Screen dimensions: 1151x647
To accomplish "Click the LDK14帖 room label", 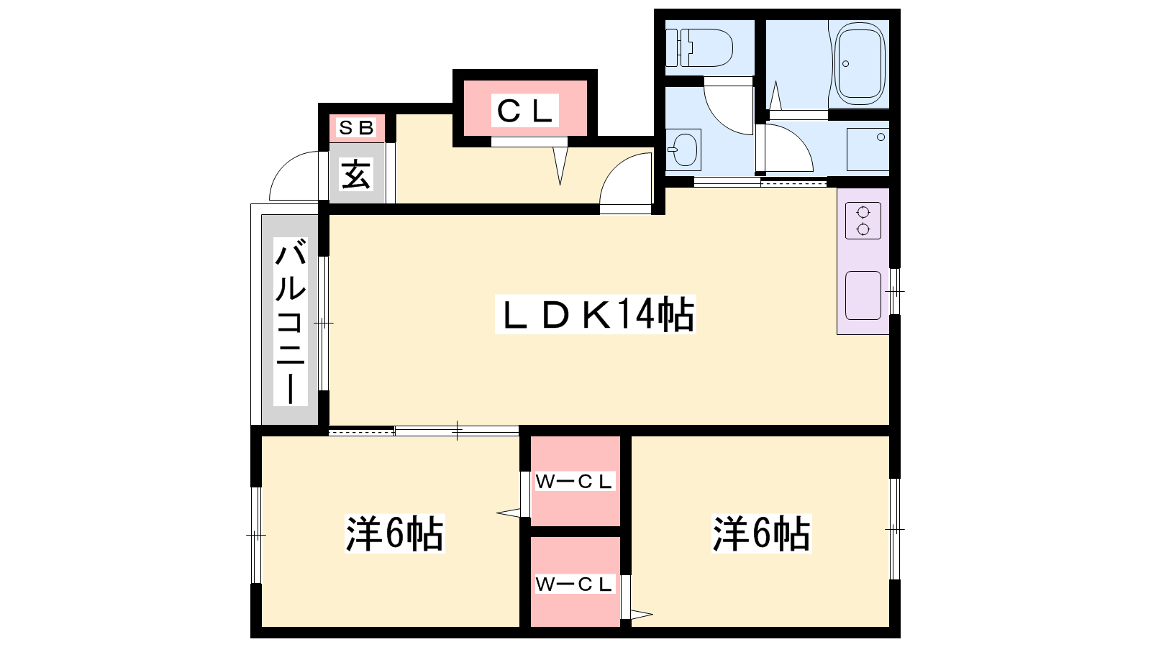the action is coord(595,313).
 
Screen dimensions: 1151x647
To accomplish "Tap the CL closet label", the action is coord(524,110).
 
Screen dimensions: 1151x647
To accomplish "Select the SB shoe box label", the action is coord(356,127).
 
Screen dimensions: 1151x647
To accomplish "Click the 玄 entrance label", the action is coord(356,174).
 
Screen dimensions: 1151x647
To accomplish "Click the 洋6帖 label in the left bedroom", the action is coord(395,533).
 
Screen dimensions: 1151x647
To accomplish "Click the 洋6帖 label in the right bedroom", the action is coord(762,533).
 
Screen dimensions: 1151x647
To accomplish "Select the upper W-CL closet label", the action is coord(574,482).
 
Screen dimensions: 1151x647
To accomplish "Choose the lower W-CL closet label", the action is coord(574,584).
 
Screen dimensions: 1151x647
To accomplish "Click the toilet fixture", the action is coord(699,47).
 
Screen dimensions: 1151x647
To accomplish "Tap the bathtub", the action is coord(860,63).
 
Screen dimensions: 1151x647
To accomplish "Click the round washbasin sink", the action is coord(684,150).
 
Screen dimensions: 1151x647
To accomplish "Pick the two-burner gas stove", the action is coord(863,220).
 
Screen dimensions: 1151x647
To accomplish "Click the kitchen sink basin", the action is coord(863,295).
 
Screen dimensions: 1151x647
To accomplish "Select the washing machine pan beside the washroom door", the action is coord(868,149).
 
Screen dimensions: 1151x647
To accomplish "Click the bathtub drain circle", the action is coord(845,64).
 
